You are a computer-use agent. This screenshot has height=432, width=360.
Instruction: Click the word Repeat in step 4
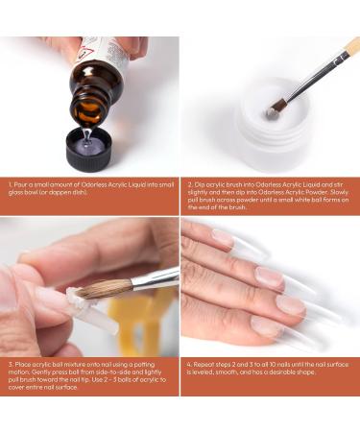(204, 363)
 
